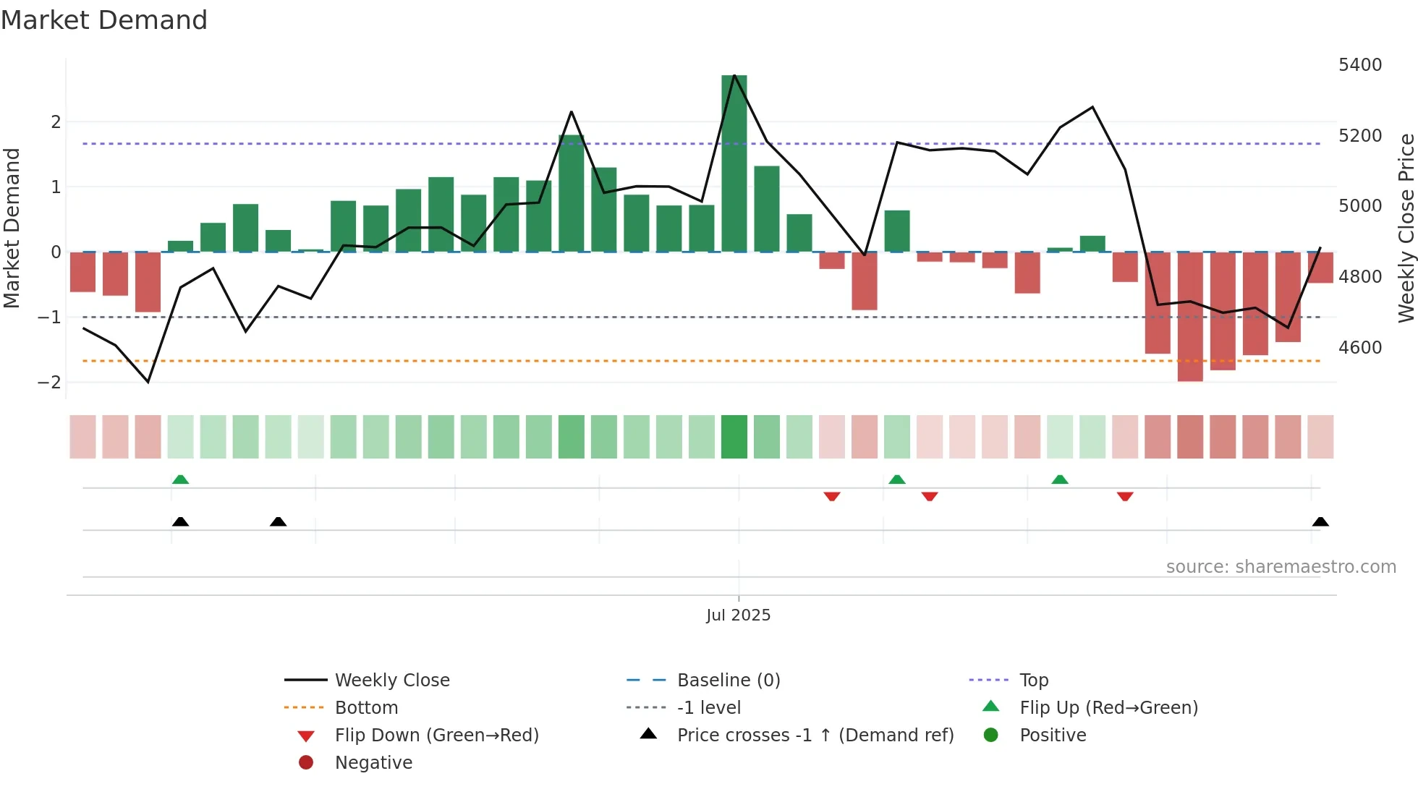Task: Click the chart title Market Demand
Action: click(104, 20)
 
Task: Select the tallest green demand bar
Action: click(734, 163)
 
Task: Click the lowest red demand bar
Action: click(1190, 316)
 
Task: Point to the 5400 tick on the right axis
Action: click(1360, 65)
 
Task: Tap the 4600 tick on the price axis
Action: click(1360, 348)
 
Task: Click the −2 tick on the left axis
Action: click(49, 382)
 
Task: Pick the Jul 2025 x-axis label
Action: click(738, 615)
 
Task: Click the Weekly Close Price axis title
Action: click(1406, 228)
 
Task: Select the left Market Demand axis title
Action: click(12, 228)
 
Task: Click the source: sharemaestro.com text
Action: click(1281, 567)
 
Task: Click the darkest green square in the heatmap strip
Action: click(734, 437)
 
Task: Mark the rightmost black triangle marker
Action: click(1320, 521)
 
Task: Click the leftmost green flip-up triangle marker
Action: click(180, 480)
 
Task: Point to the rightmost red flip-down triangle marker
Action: click(1125, 496)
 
